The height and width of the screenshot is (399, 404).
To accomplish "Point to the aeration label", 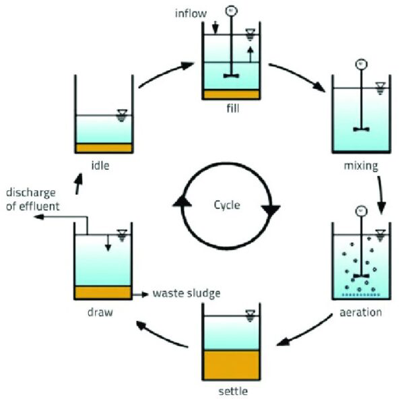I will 361,312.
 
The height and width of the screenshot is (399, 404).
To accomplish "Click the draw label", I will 100,312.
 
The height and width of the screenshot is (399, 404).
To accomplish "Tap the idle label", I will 102,164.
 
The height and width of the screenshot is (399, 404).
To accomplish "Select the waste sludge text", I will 187,294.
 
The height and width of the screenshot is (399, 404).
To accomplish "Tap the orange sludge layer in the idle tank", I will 103,148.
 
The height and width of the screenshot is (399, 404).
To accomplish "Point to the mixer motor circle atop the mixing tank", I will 361,65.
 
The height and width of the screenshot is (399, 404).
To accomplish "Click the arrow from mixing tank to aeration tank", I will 381,195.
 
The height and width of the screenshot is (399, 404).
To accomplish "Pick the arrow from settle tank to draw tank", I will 162,334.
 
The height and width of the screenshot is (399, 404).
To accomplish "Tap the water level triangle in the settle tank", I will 250,313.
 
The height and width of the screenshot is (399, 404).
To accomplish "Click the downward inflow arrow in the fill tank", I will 215,27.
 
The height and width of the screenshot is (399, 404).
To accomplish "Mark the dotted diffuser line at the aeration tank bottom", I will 361,295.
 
